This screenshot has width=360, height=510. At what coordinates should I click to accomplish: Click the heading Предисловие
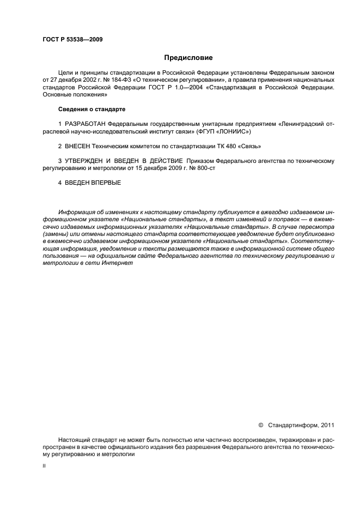[188, 57]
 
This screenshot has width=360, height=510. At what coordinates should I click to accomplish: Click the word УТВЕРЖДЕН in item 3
[85, 161]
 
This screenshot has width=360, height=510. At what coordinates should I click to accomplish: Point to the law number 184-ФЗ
[111, 80]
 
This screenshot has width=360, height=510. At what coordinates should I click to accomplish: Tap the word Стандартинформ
[290, 425]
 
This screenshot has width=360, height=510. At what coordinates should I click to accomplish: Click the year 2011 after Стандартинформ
[326, 425]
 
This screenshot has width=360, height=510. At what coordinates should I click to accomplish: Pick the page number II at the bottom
[44, 466]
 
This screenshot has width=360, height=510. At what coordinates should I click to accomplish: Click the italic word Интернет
[118, 263]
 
